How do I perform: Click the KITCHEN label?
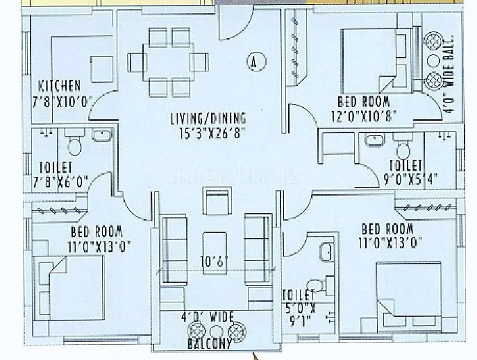pos(60,85)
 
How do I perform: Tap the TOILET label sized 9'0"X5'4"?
pos(405,165)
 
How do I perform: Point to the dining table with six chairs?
pos(171,62)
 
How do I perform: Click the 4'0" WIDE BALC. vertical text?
pos(449,73)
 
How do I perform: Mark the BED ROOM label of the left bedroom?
pos(97,232)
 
